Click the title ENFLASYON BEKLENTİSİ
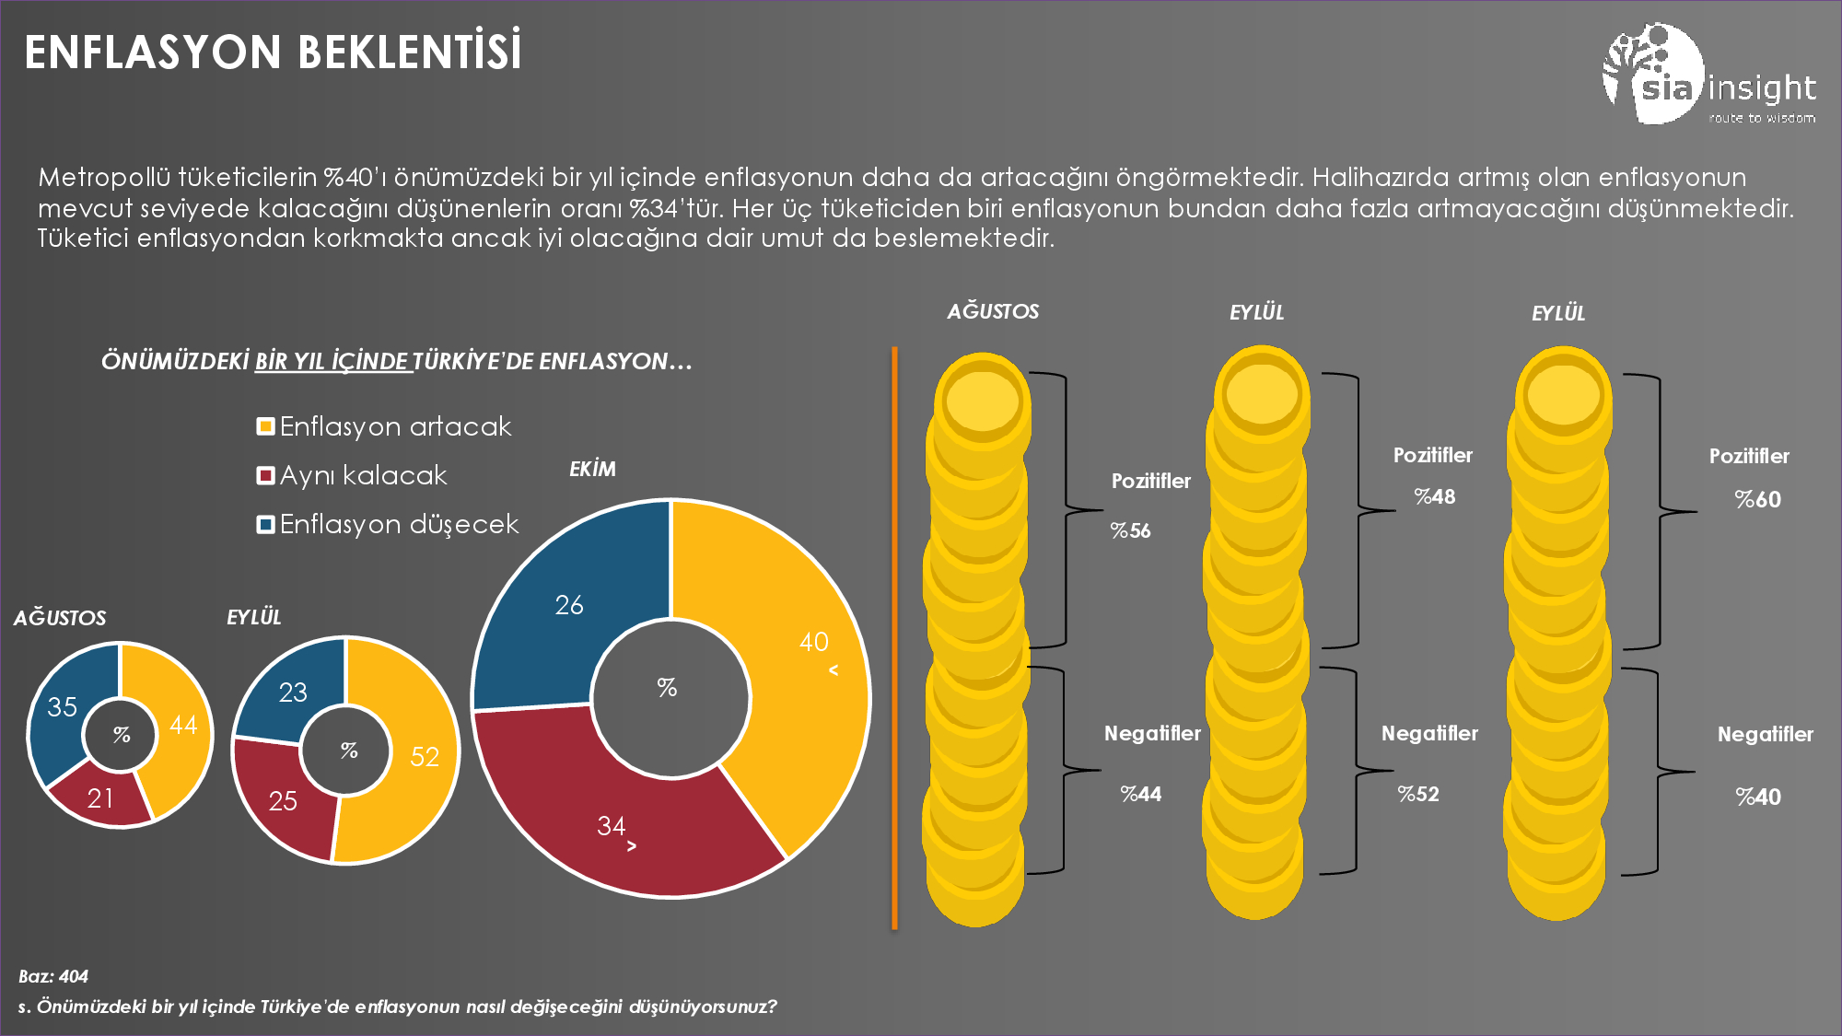click(x=273, y=52)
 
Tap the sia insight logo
click(x=1708, y=76)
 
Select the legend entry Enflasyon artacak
click(x=384, y=426)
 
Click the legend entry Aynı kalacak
click(x=352, y=475)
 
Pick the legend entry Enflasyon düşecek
click(x=388, y=524)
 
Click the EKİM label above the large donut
click(x=592, y=469)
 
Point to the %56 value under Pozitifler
click(x=1130, y=530)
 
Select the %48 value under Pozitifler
click(x=1435, y=496)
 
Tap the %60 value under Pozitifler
click(x=1757, y=499)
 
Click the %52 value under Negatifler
click(x=1418, y=794)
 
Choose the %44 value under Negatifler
click(x=1140, y=794)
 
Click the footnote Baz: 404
click(x=53, y=976)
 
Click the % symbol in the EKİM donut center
click(x=667, y=687)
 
